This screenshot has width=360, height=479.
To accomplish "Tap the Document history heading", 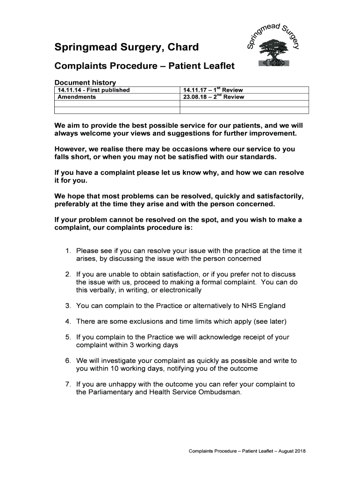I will coord(85,83).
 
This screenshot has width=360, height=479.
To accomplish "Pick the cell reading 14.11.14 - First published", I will coord(94,90).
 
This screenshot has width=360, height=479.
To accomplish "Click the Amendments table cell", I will coord(77,97).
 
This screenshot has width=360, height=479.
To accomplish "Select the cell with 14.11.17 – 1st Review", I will coord(213,90).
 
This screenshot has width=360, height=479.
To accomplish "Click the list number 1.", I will coord(68,251).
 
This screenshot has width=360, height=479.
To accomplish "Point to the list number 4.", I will coord(68,321).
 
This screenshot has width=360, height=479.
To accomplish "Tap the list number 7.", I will coord(68,385).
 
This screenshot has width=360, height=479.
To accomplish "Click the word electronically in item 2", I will coord(181,290).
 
